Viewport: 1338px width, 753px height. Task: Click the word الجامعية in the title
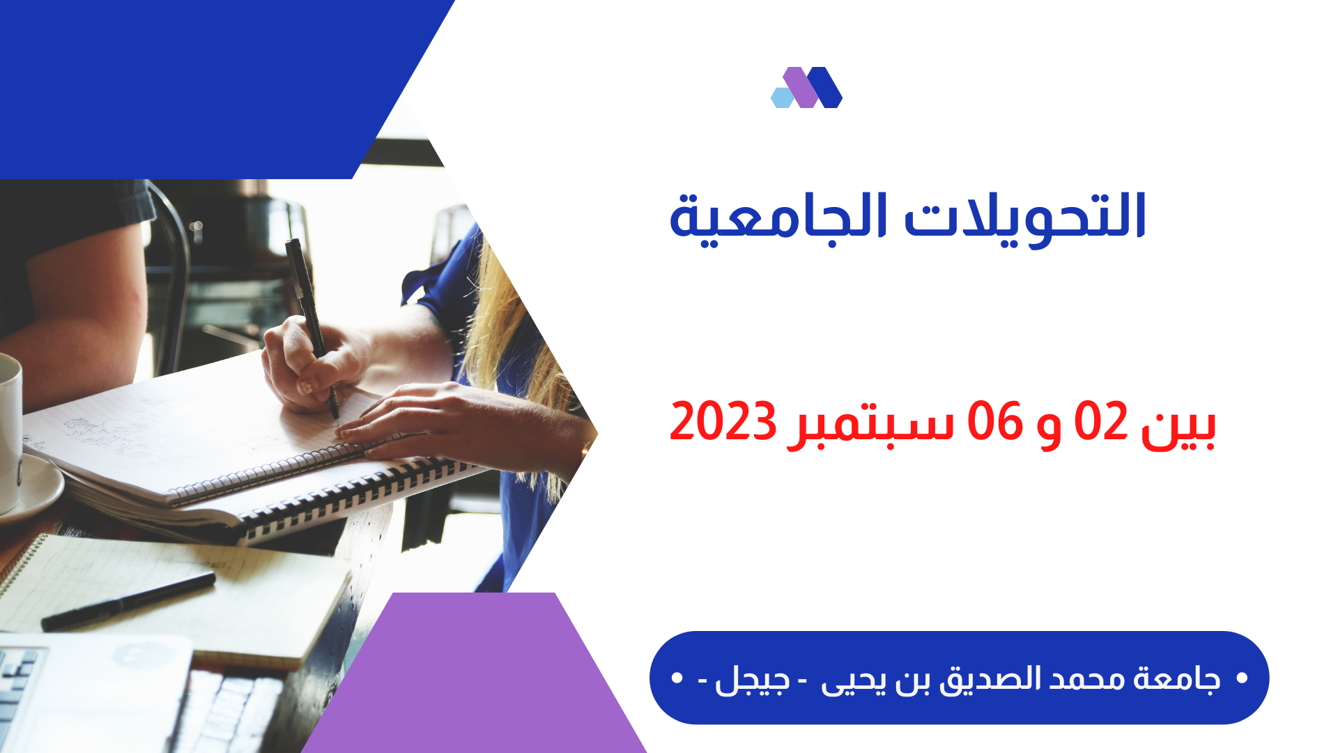pyautogui.click(x=778, y=218)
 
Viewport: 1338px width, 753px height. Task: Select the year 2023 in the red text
pyautogui.click(x=723, y=421)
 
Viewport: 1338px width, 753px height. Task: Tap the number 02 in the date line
pyautogui.click(x=1101, y=421)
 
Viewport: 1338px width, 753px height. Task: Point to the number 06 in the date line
pyautogui.click(x=994, y=421)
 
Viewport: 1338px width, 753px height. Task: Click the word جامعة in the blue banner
pyautogui.click(x=1177, y=678)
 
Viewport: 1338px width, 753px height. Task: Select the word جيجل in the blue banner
pyautogui.click(x=753, y=680)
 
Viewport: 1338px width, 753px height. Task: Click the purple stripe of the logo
pyautogui.click(x=801, y=87)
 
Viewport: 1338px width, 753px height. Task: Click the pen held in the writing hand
pyautogui.click(x=312, y=328)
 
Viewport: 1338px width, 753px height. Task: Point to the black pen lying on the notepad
pyautogui.click(x=128, y=601)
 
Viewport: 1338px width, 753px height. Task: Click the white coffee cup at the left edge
pyautogui.click(x=10, y=432)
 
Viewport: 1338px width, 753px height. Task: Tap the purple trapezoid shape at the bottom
pyautogui.click(x=474, y=673)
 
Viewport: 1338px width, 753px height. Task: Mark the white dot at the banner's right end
pyautogui.click(x=1241, y=678)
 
